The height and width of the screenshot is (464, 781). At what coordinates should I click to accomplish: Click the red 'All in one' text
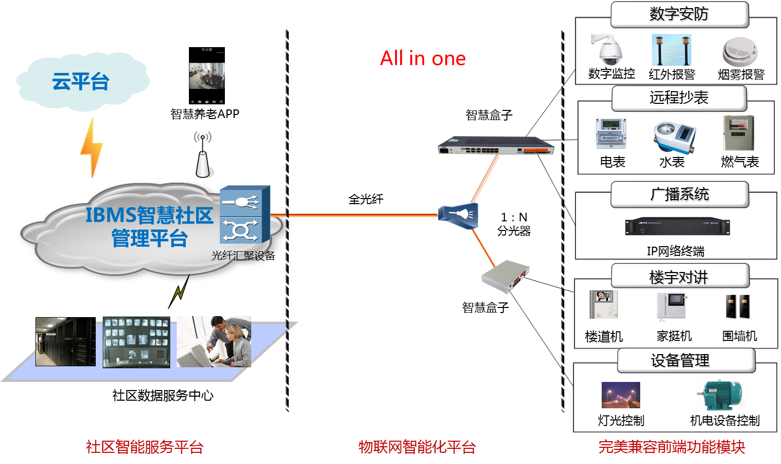click(x=422, y=58)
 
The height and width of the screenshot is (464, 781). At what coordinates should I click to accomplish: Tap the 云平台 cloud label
click(x=81, y=82)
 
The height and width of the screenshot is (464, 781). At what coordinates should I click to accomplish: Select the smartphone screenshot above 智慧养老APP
click(x=207, y=75)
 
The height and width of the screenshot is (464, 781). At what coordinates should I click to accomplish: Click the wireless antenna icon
click(x=203, y=156)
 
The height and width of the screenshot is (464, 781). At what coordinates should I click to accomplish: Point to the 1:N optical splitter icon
click(x=458, y=215)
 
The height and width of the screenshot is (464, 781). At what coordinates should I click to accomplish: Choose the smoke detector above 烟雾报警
click(x=740, y=52)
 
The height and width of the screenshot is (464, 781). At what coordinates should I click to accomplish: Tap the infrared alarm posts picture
click(x=672, y=50)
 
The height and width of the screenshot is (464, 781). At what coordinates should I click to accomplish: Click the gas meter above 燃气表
click(x=738, y=133)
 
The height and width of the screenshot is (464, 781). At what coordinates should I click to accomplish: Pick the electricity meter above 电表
click(x=611, y=134)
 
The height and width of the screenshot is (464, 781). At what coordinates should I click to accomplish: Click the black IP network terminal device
click(x=677, y=227)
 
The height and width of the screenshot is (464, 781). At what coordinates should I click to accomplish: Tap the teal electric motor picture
click(x=722, y=395)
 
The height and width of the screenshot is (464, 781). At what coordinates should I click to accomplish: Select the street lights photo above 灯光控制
click(x=620, y=395)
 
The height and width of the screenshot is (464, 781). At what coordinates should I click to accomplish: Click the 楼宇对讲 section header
click(x=679, y=277)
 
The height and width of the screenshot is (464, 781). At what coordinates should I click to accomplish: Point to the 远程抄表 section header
click(x=679, y=98)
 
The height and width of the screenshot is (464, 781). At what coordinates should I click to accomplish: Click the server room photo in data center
click(x=65, y=341)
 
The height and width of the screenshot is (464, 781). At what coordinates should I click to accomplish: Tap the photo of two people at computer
click(x=214, y=341)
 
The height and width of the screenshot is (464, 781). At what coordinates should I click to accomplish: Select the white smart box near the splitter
click(x=505, y=276)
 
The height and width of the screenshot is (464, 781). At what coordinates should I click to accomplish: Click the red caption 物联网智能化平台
click(x=417, y=447)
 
